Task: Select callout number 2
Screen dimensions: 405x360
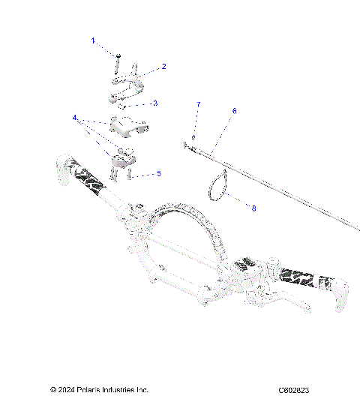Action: pyautogui.click(x=163, y=67)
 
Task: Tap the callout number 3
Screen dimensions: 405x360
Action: pyautogui.click(x=154, y=103)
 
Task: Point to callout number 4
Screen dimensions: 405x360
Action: pyautogui.click(x=75, y=118)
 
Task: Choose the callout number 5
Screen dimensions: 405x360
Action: pyautogui.click(x=158, y=173)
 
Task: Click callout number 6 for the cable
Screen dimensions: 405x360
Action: pyautogui.click(x=234, y=111)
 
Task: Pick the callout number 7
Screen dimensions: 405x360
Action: pyautogui.click(x=198, y=103)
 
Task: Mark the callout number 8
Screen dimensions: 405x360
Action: pyautogui.click(x=253, y=208)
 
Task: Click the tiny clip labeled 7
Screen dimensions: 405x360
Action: pyautogui.click(x=193, y=136)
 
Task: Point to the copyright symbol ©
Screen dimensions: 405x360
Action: pyautogui.click(x=53, y=390)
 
